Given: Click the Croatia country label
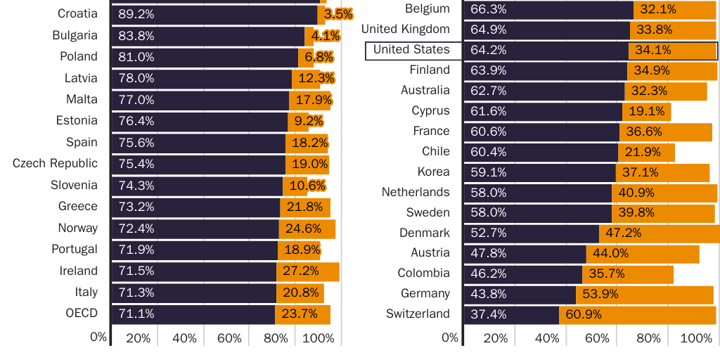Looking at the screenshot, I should [77, 13].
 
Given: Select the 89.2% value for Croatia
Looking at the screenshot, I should [136, 14].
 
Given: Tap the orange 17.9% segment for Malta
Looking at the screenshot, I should [310, 100].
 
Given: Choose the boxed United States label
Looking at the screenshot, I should [411, 50].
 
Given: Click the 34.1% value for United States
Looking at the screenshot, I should [653, 51].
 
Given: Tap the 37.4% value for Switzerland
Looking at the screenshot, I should [488, 314].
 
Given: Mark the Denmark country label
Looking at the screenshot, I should [425, 233].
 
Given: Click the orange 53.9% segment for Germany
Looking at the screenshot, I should [645, 294].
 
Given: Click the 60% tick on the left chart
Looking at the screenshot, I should [229, 339].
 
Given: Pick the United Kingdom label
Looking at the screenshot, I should [405, 30].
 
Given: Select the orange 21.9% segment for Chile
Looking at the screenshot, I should [647, 152].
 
